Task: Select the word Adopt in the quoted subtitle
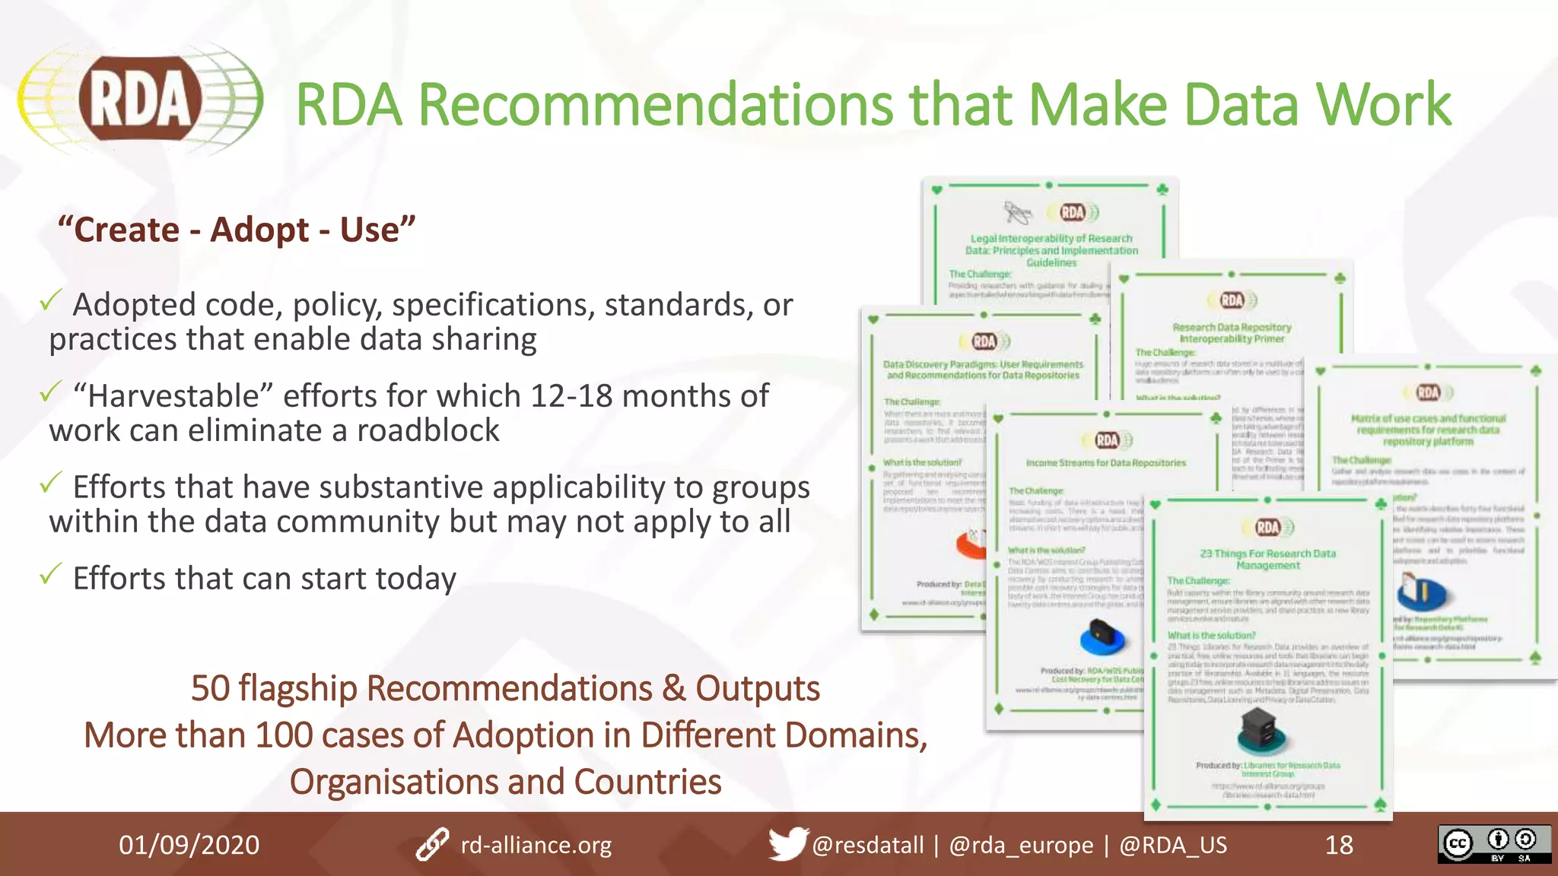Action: pos(259,230)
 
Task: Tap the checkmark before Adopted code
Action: pos(50,302)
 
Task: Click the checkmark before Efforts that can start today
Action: pos(50,575)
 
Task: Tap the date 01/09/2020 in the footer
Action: pos(189,845)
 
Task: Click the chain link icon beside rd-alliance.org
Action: pos(432,845)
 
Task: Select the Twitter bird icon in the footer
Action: pos(787,844)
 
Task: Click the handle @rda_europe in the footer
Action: pos(1021,845)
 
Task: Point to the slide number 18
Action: pos(1339,845)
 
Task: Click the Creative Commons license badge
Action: pos(1493,844)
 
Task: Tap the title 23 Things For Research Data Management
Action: pos(1267,559)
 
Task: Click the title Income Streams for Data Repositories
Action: pos(1105,462)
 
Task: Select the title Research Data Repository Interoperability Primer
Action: pos(1232,333)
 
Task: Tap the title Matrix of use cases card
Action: pos(1428,430)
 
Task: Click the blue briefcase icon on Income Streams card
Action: pos(1102,637)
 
